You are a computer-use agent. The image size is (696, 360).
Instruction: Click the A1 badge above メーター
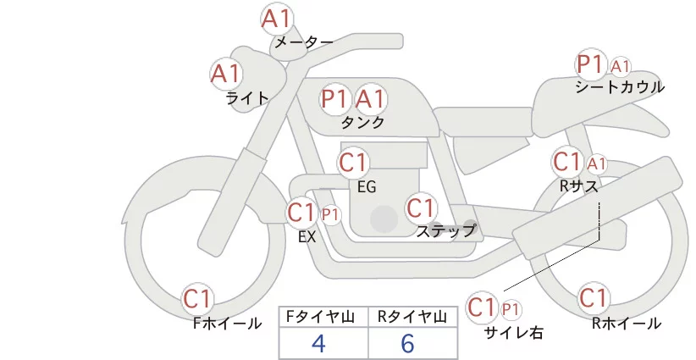277,19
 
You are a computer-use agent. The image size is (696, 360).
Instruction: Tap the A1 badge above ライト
226,73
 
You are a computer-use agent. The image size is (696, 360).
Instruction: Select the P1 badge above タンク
335,99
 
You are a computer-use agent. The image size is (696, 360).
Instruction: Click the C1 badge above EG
354,162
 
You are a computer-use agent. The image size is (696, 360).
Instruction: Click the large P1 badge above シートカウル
589,64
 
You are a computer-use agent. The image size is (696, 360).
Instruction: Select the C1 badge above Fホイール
199,298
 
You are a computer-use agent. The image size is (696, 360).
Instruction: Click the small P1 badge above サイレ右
511,308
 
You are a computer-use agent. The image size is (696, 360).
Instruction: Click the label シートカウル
620,87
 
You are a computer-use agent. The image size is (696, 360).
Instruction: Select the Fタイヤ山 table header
323,316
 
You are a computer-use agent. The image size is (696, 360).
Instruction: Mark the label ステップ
445,230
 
